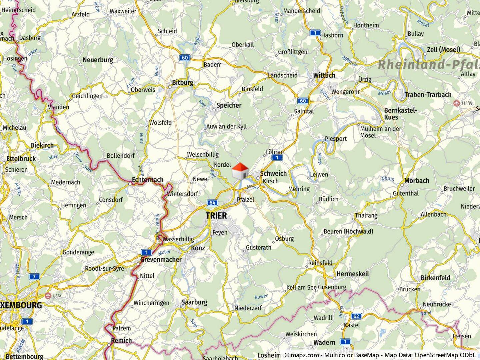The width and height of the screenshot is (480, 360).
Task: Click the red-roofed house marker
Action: tap(240, 171)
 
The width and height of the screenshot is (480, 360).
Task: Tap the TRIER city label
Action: tap(216, 215)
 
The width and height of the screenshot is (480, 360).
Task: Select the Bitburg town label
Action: tap(182, 82)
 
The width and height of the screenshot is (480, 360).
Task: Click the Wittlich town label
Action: tap(324, 75)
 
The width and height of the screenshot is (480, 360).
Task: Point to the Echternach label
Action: tap(148, 180)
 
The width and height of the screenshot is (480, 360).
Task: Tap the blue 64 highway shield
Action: tap(212, 203)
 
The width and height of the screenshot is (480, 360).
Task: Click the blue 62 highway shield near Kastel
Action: tap(356, 316)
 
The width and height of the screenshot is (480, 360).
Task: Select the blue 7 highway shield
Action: tap(34, 276)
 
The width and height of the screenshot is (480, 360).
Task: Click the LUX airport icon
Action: tap(48, 295)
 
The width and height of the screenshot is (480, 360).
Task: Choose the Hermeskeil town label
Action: tap(353, 274)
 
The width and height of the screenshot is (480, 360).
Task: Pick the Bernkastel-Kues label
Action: tap(400, 114)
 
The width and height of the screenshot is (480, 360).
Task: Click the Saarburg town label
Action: tap(194, 302)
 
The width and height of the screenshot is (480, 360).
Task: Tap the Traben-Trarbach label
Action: tap(428, 95)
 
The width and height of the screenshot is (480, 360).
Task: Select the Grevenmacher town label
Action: tap(161, 259)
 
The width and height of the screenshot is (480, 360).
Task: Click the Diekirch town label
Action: tap(42, 145)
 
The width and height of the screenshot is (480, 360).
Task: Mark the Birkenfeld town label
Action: tap(435, 278)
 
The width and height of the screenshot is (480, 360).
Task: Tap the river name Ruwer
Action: tap(261, 296)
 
